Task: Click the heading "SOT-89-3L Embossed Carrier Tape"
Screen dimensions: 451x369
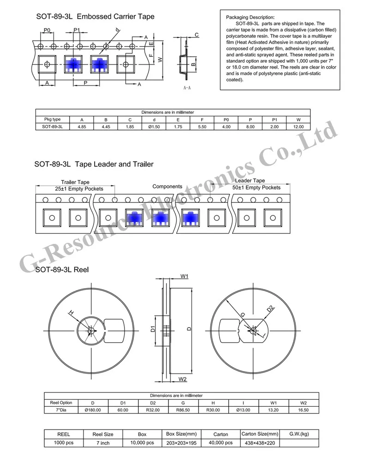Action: click(95, 17)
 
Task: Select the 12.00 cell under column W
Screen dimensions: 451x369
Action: click(299, 126)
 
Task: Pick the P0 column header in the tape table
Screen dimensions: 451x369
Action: click(226, 119)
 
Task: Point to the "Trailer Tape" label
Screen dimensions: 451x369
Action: click(75, 182)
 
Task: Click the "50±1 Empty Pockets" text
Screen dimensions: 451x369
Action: click(257, 188)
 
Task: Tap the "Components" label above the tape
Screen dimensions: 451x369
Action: click(167, 186)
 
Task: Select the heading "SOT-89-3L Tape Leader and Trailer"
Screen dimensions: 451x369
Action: click(94, 164)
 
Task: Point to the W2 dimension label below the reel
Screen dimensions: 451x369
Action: click(182, 379)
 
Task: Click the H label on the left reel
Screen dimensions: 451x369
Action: click(71, 313)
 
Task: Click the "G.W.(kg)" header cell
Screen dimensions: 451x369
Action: click(298, 434)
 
